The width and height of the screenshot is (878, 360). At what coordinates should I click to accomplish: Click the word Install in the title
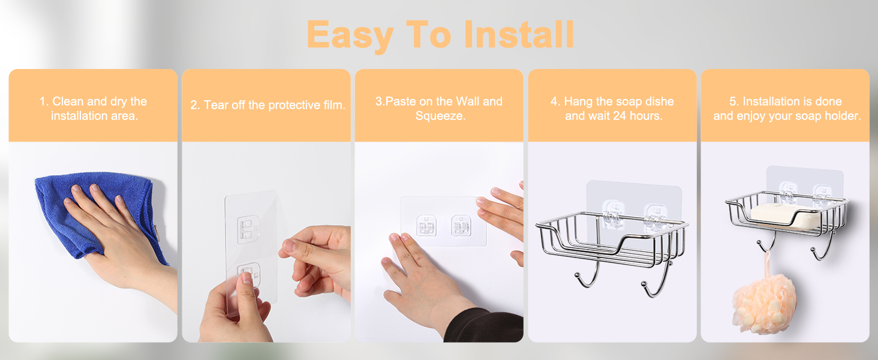coord(519,35)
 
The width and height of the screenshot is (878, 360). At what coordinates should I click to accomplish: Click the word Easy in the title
coord(350,37)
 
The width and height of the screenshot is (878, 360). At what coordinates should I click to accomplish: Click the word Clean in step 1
coord(68,101)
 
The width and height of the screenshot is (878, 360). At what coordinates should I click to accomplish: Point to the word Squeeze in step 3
coord(440,116)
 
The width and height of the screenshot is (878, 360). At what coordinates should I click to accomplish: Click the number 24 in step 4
coord(620,116)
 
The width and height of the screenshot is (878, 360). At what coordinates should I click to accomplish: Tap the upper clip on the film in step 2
coord(248,228)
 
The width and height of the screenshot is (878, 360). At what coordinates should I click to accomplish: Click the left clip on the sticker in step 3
coord(426,225)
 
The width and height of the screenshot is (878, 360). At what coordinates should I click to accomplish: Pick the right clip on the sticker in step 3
coord(461,225)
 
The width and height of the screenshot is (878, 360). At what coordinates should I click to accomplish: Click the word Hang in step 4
coord(579,102)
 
